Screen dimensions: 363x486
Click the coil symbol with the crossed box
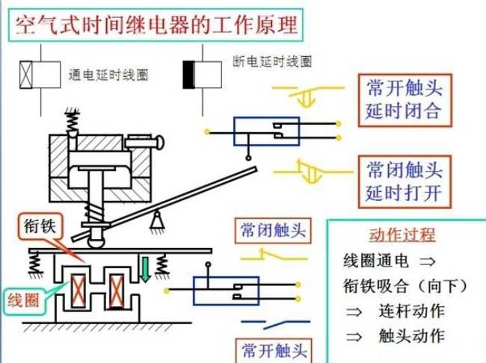tap(39, 75)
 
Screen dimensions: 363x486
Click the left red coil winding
tap(79, 291)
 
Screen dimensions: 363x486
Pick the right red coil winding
tap(117, 291)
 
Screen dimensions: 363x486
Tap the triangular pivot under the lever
tap(158, 220)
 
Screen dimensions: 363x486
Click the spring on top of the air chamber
tap(74, 120)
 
